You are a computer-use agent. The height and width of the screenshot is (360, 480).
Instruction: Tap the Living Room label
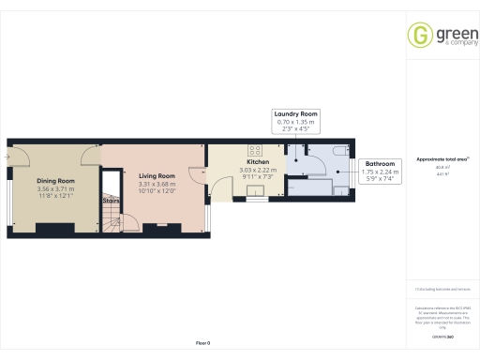coord(157,175)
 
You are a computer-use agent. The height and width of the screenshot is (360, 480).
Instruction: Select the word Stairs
coord(111,200)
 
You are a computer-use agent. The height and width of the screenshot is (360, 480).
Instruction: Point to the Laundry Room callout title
coord(296,113)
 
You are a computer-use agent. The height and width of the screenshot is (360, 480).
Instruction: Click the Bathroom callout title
coord(379,164)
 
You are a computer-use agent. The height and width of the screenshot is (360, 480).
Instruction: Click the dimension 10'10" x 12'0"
coord(157,191)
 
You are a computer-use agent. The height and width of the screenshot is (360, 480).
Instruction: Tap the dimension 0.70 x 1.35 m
coord(296,122)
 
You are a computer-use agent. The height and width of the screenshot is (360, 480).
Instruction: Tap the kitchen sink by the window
coord(254,194)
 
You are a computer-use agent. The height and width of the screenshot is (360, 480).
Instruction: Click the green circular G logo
coord(419,35)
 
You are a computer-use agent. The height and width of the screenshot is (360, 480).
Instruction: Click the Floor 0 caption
coord(202,343)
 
